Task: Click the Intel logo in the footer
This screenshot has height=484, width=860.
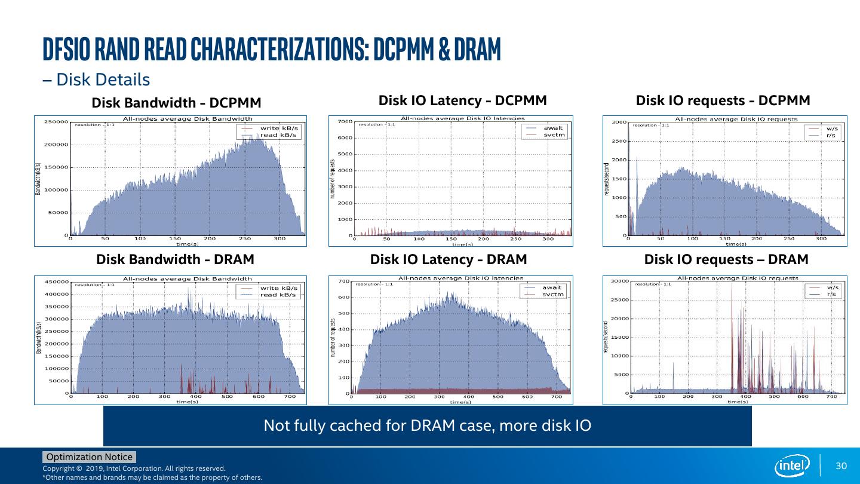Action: pos(792,465)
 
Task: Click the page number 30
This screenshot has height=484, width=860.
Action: pos(841,466)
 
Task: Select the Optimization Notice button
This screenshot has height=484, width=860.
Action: pos(90,457)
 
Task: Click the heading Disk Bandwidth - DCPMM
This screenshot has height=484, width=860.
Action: pos(176,103)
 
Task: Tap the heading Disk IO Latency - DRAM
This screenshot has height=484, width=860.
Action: pos(449,259)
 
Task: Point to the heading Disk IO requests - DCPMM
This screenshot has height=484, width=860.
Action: pos(723,100)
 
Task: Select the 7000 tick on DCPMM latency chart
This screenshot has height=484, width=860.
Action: pos(345,122)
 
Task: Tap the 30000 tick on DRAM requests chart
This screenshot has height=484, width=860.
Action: pos(618,281)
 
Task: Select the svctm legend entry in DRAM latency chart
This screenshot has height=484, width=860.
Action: pos(553,294)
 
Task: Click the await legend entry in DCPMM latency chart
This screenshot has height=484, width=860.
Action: pos(552,128)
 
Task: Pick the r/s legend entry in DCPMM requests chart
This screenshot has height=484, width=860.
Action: pos(831,136)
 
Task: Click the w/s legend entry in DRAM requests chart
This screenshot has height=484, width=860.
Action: pos(833,287)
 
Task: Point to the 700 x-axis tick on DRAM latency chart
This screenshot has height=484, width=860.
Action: pos(556,397)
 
